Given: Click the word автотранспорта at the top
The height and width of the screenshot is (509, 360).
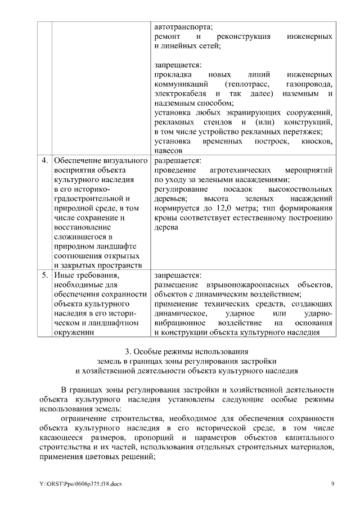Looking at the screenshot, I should tap(183, 26).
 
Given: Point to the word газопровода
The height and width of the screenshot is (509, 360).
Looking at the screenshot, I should tap(310, 84).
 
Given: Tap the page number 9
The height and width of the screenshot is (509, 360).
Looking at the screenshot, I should tap(332, 484).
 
